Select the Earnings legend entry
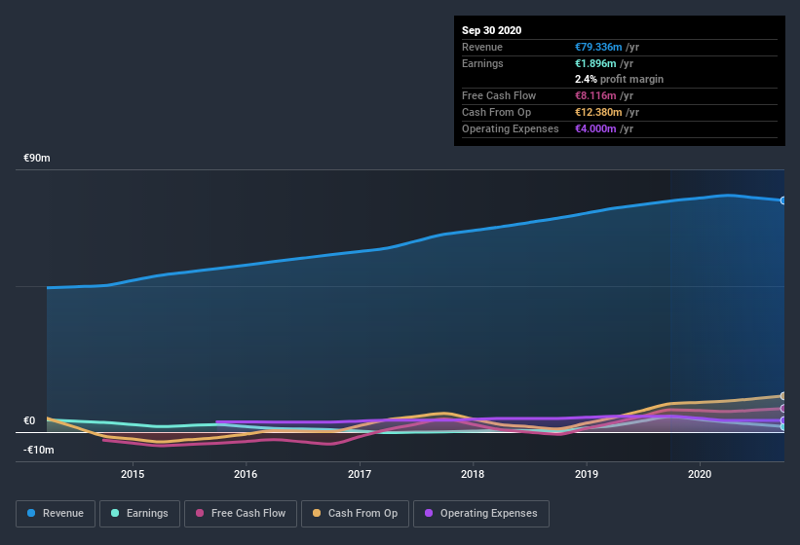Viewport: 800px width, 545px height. point(140,513)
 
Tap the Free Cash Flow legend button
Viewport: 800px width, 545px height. point(241,513)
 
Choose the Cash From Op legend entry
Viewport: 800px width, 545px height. point(355,513)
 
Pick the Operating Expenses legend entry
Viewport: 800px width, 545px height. point(480,513)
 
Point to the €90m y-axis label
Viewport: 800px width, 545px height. point(37,158)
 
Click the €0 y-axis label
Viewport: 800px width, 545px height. point(29,421)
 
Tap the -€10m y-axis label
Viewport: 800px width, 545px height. point(39,450)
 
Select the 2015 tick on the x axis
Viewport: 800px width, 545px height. point(133,475)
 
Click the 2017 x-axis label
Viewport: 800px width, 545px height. point(360,475)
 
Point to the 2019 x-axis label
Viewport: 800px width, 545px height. point(587,475)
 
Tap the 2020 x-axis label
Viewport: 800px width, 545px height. point(700,475)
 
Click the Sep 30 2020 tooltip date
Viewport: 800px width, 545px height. point(492,30)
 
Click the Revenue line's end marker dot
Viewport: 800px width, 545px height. point(782,200)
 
